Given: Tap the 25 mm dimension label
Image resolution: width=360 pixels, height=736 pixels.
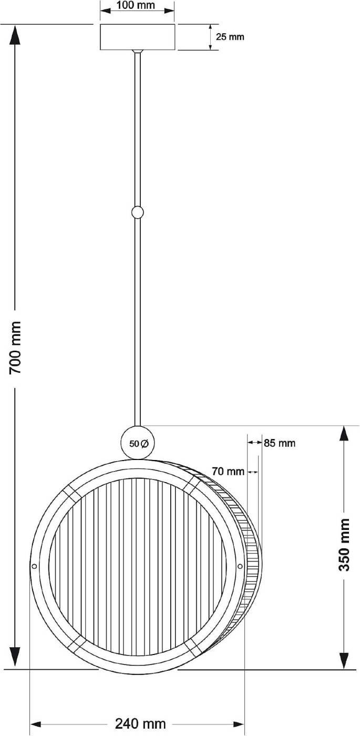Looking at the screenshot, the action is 230,37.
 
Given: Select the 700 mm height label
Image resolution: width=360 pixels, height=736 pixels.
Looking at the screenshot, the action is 15,347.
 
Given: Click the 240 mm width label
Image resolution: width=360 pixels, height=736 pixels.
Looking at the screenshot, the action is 140,723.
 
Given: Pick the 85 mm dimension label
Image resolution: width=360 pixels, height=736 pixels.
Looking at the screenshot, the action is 280,443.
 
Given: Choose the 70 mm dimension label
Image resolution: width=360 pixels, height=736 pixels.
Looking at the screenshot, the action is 228,472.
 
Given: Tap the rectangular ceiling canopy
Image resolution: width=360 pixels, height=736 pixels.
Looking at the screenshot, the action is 137,37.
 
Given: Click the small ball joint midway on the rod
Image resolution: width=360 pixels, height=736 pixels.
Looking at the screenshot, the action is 137,212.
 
